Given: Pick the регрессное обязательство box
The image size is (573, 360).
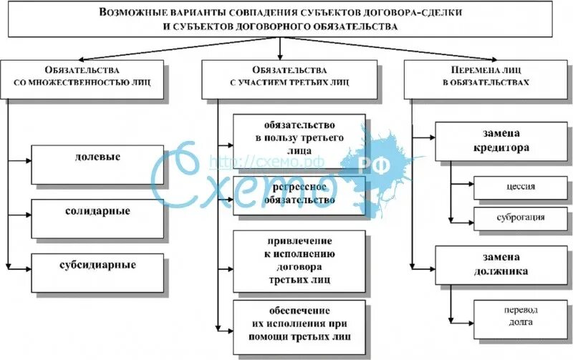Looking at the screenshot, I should pyautogui.click(x=299, y=194).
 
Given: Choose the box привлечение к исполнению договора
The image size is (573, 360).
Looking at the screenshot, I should pyautogui.click(x=299, y=260).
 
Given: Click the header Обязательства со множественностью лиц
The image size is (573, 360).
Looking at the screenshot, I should pyautogui.click(x=82, y=77).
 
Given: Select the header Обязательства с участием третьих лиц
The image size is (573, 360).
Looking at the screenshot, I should pyautogui.click(x=289, y=77).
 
